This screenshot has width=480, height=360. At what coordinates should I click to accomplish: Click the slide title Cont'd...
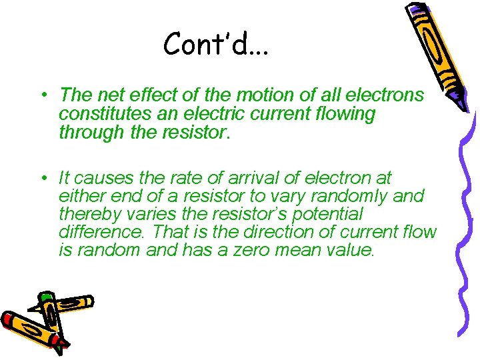coord(215,45)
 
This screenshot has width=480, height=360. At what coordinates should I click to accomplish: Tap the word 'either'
coord(79,197)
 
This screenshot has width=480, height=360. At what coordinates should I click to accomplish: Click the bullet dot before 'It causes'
coord(42,178)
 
